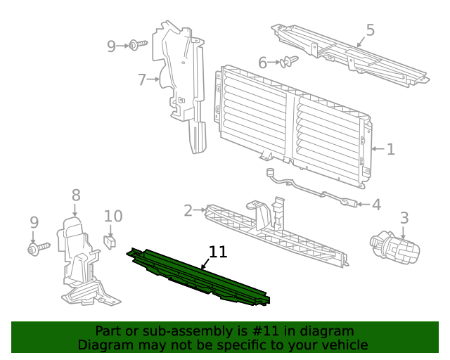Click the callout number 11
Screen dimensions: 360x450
point(218,252)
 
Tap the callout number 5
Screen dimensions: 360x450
point(370,30)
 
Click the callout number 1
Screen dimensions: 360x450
point(390,149)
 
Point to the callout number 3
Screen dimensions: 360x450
point(404,218)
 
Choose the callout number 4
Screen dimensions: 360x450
point(376,205)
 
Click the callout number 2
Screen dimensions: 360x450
point(188,210)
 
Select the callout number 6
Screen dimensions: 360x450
point(262,63)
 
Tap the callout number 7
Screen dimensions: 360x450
point(141,80)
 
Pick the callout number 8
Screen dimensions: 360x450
point(75,195)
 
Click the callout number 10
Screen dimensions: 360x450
point(113,217)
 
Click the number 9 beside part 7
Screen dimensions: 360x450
point(111,46)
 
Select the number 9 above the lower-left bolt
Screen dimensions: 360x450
point(34,222)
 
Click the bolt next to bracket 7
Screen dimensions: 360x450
point(136,46)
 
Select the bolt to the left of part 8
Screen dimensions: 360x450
point(38,248)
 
